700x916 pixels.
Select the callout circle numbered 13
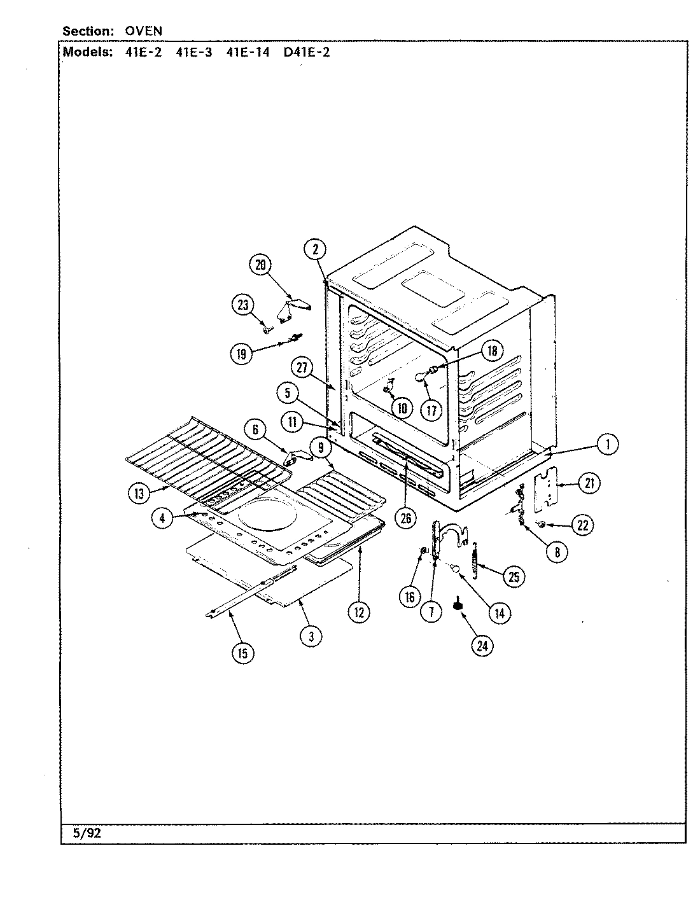tap(140, 492)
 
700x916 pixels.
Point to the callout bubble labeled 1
tap(608, 445)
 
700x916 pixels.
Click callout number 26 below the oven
tap(405, 518)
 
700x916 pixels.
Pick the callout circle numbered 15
tap(242, 653)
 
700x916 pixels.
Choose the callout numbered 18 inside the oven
tap(491, 350)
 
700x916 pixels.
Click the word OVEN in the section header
tap(144, 31)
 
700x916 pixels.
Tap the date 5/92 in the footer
tap(87, 834)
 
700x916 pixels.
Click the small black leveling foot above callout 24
tap(457, 605)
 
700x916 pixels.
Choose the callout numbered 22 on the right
tap(582, 525)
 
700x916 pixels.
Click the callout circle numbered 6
tap(255, 430)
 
